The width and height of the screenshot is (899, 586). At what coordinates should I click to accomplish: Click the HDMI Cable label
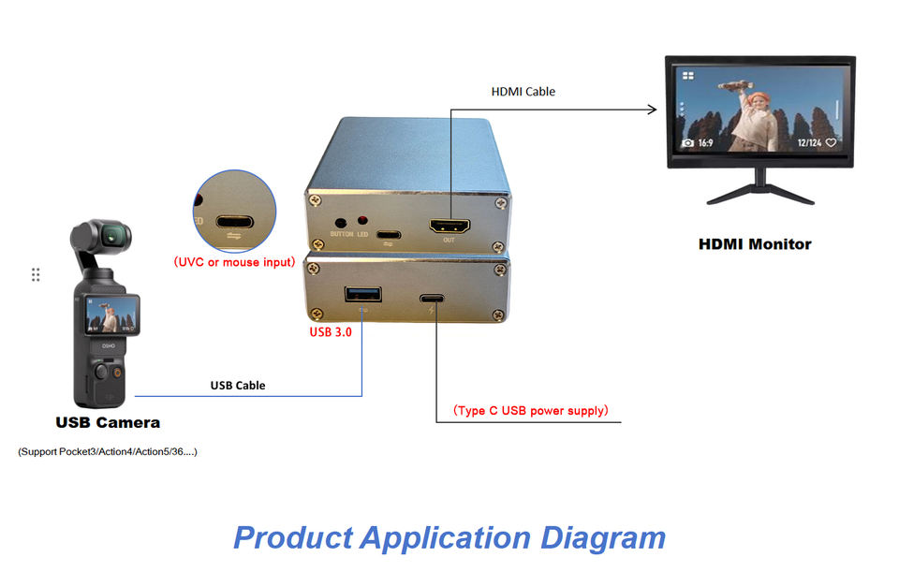coord(523,92)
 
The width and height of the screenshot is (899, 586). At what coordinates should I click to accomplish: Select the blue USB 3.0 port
coord(361,296)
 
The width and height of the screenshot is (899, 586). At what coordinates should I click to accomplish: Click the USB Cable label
coord(237,385)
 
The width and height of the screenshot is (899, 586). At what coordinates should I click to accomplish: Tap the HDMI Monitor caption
coord(755,244)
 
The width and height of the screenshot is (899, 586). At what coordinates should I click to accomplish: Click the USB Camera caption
coord(108,422)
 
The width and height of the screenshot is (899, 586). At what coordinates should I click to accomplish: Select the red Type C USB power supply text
coord(531,410)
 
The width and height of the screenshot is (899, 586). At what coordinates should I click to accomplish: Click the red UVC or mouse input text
coord(234,262)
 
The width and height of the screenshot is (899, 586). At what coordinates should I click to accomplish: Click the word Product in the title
coord(291,537)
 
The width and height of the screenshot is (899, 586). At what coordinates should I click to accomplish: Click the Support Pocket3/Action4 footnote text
coord(108,452)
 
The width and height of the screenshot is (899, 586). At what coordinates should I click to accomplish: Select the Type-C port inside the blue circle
coord(233,224)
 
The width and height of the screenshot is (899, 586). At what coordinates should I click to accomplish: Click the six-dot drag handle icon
coord(36,274)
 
